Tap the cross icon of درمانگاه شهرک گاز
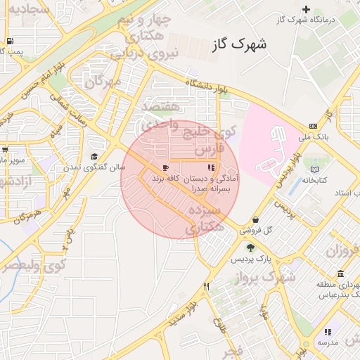point(305,9)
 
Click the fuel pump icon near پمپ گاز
point(8,41)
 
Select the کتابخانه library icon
point(314,169)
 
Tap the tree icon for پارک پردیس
point(250,247)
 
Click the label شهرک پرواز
point(267,278)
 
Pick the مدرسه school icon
point(327,332)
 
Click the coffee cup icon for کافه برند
point(165,167)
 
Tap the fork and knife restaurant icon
point(206,286)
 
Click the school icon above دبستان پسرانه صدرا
point(210,167)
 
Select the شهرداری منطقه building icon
point(341,274)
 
